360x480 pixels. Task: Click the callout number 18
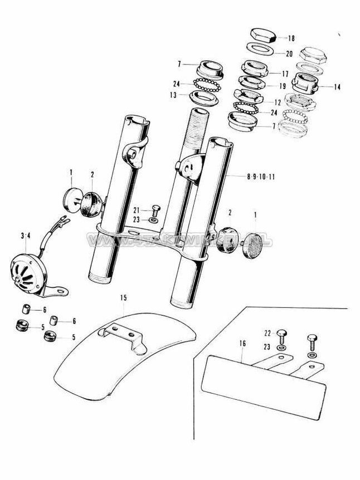pyautogui.click(x=291, y=38)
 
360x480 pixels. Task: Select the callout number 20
pyautogui.click(x=289, y=54)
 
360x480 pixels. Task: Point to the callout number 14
pyautogui.click(x=337, y=87)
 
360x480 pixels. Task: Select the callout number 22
pyautogui.click(x=266, y=332)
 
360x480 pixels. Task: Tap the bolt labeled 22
pyautogui.click(x=284, y=336)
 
